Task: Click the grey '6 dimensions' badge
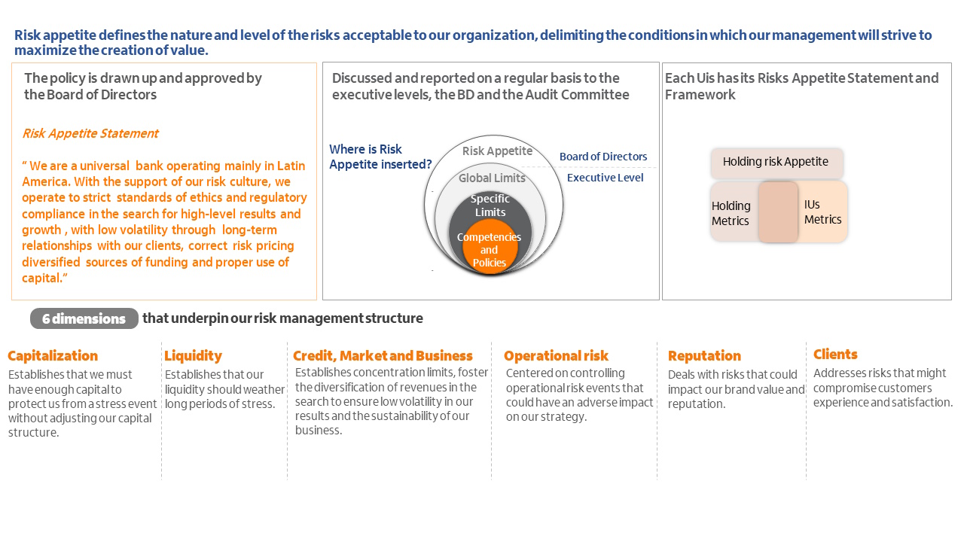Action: pos(84,318)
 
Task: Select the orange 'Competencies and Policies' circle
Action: pos(490,246)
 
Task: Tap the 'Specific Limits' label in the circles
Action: pos(490,206)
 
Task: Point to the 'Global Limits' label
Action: pos(492,178)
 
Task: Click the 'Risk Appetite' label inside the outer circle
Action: pos(497,151)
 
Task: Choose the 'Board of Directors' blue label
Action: pos(603,157)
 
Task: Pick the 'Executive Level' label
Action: pos(605,178)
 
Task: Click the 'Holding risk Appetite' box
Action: pos(776,163)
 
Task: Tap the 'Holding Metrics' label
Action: pos(731,213)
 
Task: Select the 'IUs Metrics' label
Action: pos(822,212)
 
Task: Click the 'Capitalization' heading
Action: pos(53,356)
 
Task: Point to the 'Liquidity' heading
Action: pos(193,356)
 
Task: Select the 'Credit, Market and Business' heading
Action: pos(383,356)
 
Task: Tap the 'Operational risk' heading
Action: pos(556,356)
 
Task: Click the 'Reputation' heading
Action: pos(704,356)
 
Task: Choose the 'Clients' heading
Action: pos(835,354)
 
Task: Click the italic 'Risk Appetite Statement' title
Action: pos(90,133)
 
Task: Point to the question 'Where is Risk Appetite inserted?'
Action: pos(380,157)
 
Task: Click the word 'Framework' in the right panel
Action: pos(700,95)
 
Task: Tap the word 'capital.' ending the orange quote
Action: pos(44,278)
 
